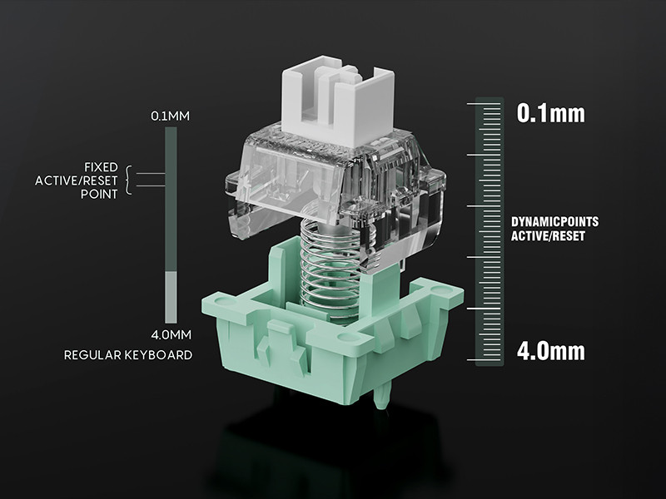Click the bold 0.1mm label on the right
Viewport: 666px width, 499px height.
pos(550,113)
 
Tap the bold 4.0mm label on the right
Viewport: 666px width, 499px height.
pos(550,351)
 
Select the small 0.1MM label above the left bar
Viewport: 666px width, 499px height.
pos(171,116)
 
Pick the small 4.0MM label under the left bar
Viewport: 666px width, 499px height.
pos(171,335)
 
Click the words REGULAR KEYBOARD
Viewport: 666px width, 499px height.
pos(128,355)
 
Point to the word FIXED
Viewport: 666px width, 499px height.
pos(101,167)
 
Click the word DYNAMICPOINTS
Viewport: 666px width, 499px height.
pos(554,222)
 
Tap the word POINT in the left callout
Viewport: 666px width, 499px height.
pos(99,195)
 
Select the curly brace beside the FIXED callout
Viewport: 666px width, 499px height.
pos(129,180)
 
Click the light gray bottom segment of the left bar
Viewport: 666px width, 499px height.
pos(171,297)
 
